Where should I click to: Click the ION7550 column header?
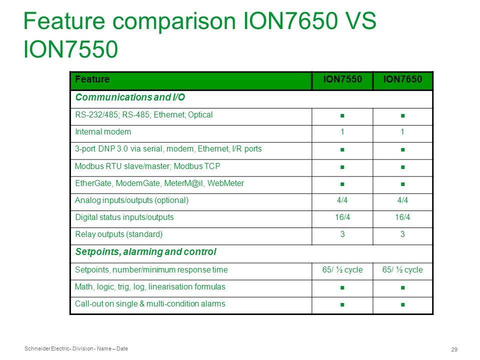pos(342,79)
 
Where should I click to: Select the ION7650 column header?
pos(402,79)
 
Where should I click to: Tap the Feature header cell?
pos(92,79)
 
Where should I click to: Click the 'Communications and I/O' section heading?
pos(130,97)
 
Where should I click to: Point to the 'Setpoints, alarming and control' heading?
pos(145,252)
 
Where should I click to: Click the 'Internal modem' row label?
pos(103,132)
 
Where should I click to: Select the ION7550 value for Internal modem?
pos(342,132)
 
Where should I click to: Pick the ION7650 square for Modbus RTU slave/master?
pos(403,167)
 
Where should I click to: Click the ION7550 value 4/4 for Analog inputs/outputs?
pos(342,200)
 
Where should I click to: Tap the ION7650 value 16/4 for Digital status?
pos(402,217)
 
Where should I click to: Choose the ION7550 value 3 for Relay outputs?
pos(342,234)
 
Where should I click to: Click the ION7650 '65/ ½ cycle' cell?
pos(402,269)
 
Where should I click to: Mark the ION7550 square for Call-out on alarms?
pos(342,304)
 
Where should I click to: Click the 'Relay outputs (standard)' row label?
pos(119,234)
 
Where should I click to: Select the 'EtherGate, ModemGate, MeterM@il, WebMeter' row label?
pos(159,183)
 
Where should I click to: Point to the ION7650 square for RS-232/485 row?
pos(403,115)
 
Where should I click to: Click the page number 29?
pos(454,349)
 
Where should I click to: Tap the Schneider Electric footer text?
pos(76,348)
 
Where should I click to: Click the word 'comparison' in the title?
pos(174,21)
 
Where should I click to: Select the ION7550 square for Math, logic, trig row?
pos(342,288)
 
